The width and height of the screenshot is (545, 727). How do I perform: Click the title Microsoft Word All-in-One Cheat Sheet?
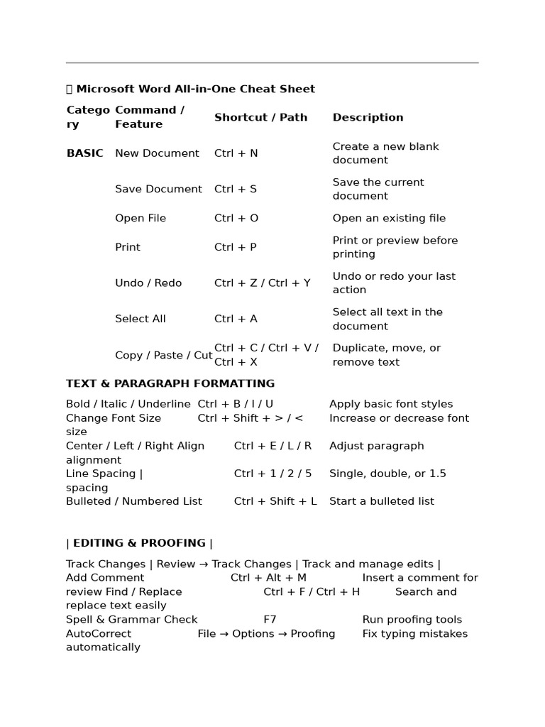pyautogui.click(x=195, y=89)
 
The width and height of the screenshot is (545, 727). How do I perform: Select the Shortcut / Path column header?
pyautogui.click(x=260, y=117)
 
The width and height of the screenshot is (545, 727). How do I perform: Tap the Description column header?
pyautogui.click(x=368, y=117)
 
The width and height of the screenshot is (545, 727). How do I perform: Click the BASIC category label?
pyautogui.click(x=84, y=153)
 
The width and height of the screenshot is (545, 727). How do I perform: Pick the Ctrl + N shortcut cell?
pyautogui.click(x=236, y=153)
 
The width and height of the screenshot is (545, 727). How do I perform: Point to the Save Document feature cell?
pyautogui.click(x=158, y=189)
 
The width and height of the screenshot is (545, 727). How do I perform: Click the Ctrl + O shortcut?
pyautogui.click(x=236, y=218)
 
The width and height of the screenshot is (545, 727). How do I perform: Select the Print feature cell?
pyautogui.click(x=128, y=247)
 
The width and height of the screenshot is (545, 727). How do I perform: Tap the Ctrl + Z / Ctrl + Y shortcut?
pyautogui.click(x=262, y=283)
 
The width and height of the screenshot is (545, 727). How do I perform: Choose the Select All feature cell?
pyautogui.click(x=141, y=319)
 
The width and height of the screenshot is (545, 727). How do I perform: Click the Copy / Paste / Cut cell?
pyautogui.click(x=163, y=355)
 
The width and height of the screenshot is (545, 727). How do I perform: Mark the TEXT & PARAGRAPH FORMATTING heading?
pyautogui.click(x=170, y=383)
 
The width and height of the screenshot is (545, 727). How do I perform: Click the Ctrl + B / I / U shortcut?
pyautogui.click(x=235, y=404)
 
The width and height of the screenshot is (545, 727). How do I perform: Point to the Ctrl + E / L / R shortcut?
pyautogui.click(x=272, y=446)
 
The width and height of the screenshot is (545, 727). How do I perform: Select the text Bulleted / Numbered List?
pyautogui.click(x=134, y=501)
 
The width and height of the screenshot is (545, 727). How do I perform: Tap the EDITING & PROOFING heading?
pyautogui.click(x=139, y=543)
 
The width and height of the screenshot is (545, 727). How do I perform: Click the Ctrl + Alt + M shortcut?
pyautogui.click(x=268, y=578)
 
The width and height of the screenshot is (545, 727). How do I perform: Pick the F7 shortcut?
pyautogui.click(x=270, y=620)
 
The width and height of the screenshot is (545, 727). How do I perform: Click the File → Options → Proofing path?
pyautogui.click(x=266, y=633)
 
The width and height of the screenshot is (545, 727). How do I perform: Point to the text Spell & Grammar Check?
pyautogui.click(x=132, y=620)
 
